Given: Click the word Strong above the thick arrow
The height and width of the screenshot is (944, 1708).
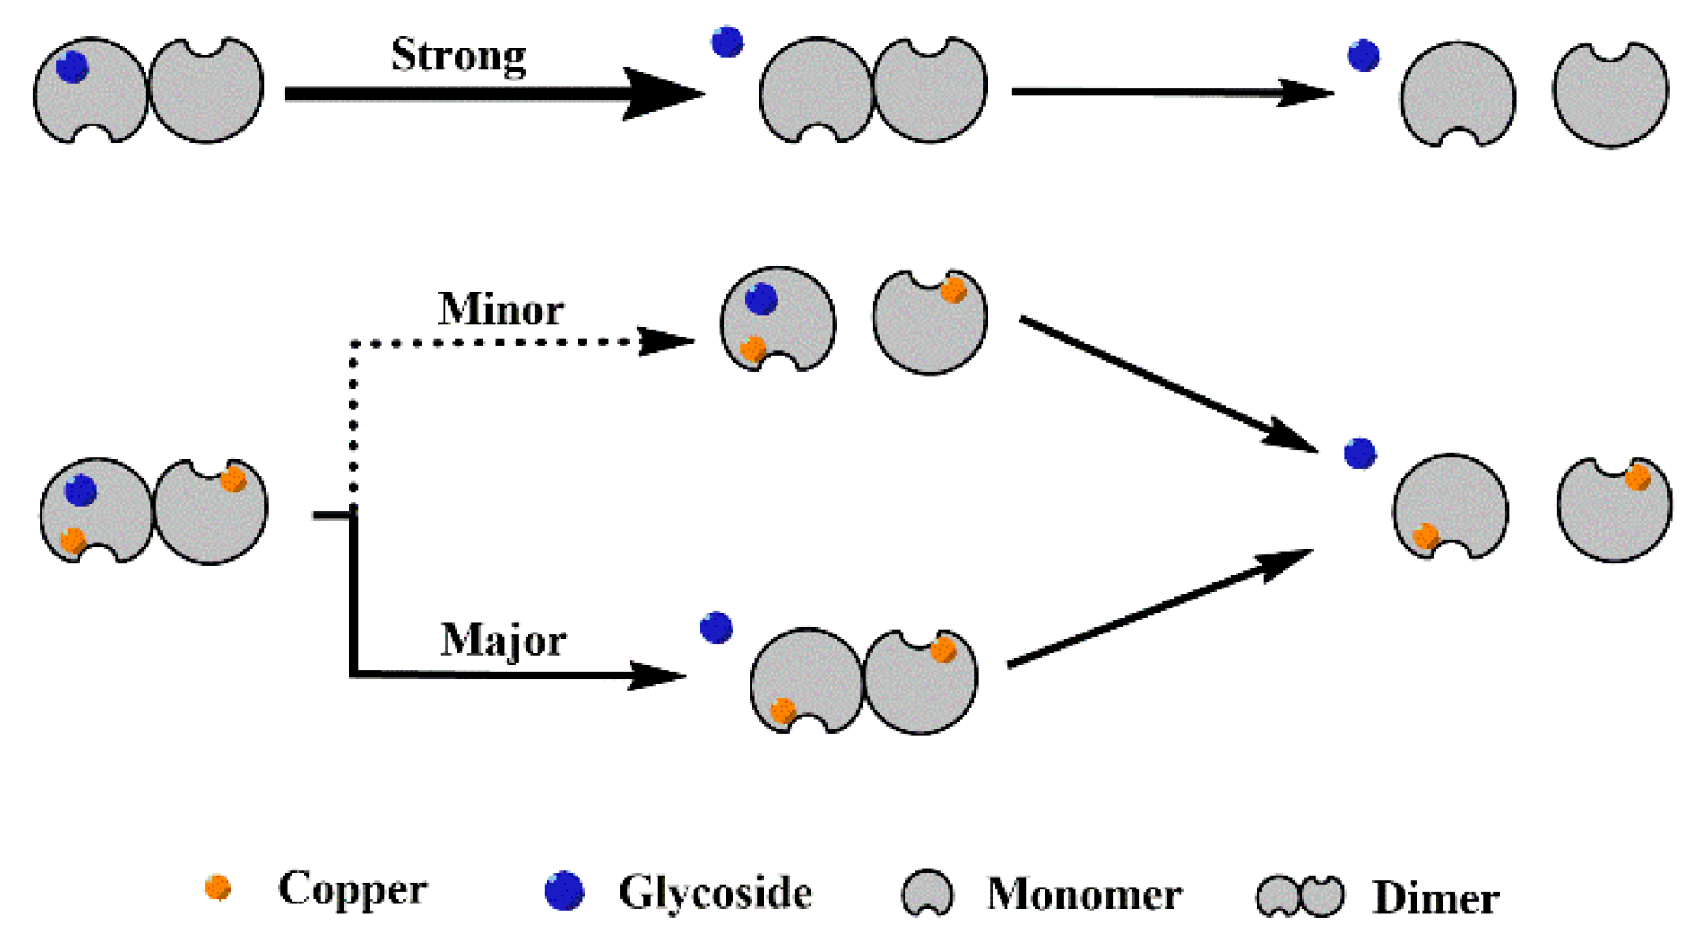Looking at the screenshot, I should pos(458,55).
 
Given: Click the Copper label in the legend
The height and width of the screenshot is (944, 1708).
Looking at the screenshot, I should pos(352,889).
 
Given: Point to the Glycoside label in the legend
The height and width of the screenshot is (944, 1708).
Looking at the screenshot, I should pos(714,892).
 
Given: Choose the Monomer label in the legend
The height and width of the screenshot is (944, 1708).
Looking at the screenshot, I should pos(1084,894).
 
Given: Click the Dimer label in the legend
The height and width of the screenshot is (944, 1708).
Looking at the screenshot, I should pos(1436,897).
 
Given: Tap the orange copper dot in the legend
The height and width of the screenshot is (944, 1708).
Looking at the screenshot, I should pos(218,887).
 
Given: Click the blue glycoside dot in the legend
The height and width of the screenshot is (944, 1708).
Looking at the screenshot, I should pos(565,890).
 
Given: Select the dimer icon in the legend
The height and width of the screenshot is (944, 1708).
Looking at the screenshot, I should pos(1300,896).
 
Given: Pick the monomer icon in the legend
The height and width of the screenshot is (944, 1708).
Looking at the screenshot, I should pos(927,892).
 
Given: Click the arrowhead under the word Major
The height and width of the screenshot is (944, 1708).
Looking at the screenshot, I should pos(657,675).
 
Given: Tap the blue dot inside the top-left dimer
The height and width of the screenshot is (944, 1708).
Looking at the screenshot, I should pos(73,67).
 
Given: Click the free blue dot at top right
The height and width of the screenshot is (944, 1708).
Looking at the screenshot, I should pos(1363,55).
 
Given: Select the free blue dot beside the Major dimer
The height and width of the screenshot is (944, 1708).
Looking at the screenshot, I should pos(716,627).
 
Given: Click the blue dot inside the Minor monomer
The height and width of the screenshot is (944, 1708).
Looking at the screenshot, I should pos(761,299).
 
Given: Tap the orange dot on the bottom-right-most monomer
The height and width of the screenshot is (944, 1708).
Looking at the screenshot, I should pos(1637,477).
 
